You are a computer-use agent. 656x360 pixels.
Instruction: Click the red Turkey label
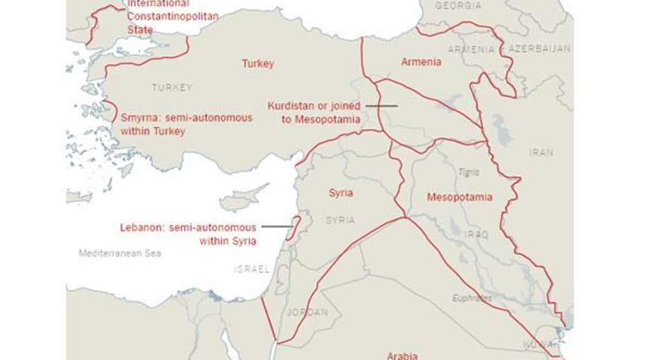tap(257, 64)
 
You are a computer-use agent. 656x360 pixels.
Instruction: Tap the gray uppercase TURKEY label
tap(171, 88)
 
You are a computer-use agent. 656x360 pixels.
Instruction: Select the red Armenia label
tap(420, 62)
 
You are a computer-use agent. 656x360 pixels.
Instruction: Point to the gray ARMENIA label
tap(471, 49)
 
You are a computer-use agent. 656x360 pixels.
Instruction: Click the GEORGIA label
tap(458, 5)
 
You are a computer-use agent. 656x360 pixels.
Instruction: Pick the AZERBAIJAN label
tap(539, 48)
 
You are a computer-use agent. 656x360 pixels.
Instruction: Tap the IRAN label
tap(541, 152)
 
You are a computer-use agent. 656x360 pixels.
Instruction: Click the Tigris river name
tap(468, 172)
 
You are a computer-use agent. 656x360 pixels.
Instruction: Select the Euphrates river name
tap(472, 298)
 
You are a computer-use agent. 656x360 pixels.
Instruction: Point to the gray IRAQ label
tap(476, 235)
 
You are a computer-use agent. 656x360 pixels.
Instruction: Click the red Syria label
tap(340, 193)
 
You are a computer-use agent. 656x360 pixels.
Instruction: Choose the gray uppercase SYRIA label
tap(340, 220)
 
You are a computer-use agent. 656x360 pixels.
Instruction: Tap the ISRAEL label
tap(251, 269)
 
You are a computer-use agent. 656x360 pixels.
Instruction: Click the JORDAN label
tap(307, 312)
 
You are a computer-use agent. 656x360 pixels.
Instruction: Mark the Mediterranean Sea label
tap(120, 254)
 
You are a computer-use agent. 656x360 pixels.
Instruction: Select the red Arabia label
tap(402, 355)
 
